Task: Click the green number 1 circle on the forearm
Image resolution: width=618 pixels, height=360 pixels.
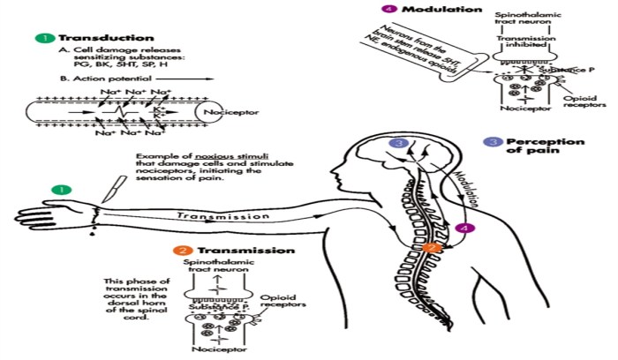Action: pyautogui.click(x=60, y=188)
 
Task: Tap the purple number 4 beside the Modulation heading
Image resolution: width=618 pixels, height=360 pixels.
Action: pyautogui.click(x=361, y=9)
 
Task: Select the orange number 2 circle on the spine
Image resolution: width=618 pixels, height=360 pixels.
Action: pyautogui.click(x=433, y=248)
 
